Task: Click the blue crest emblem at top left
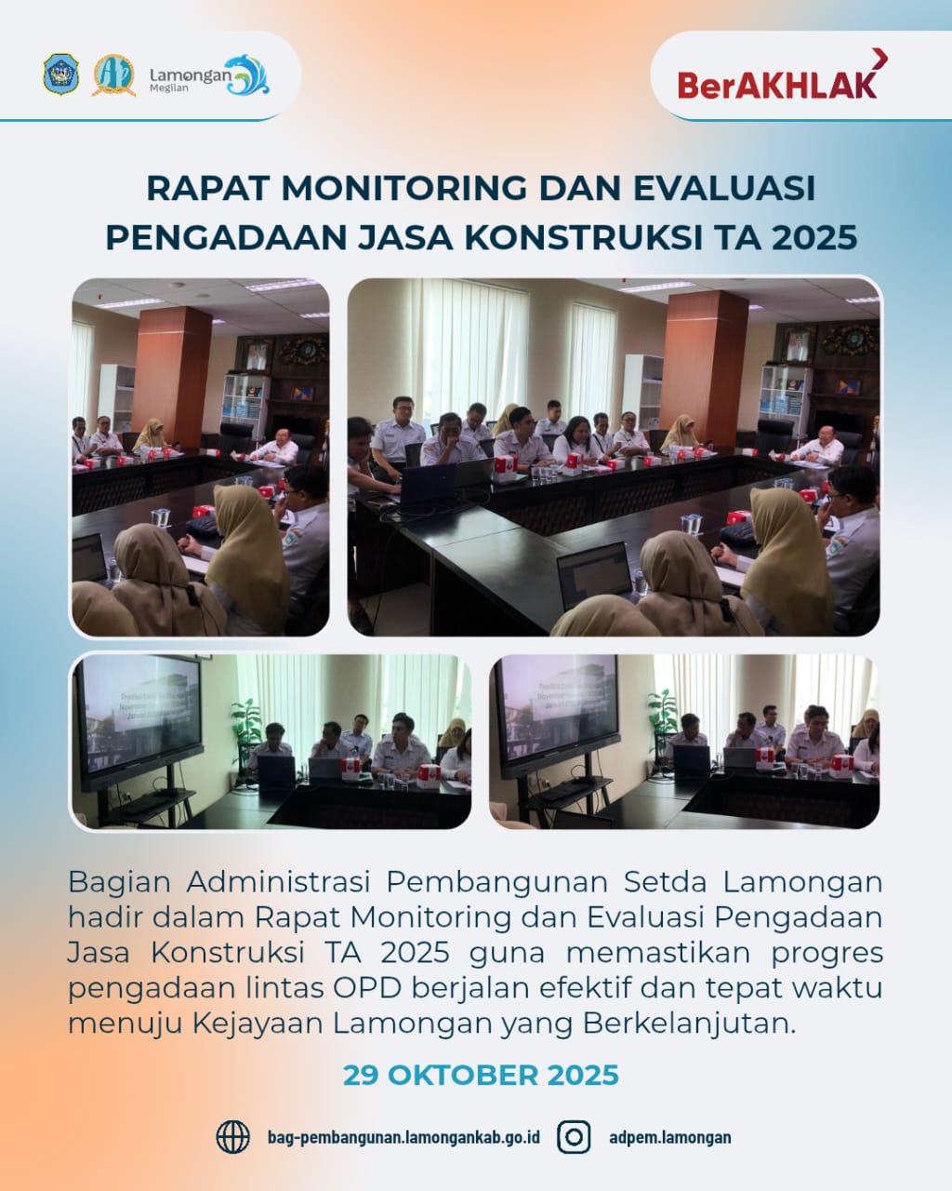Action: click(61, 74)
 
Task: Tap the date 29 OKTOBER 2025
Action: click(481, 1076)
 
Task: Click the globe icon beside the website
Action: click(232, 1137)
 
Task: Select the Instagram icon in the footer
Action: click(574, 1137)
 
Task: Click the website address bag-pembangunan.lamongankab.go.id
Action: click(403, 1137)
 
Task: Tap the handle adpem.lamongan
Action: click(669, 1137)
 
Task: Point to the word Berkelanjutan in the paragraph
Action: click(690, 1023)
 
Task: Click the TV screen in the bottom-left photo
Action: click(140, 711)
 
